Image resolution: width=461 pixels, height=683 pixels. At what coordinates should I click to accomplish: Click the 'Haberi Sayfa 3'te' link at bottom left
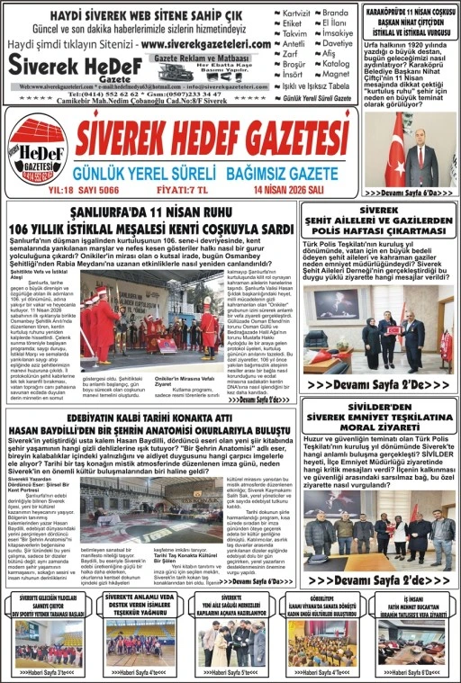tap(47, 671)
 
